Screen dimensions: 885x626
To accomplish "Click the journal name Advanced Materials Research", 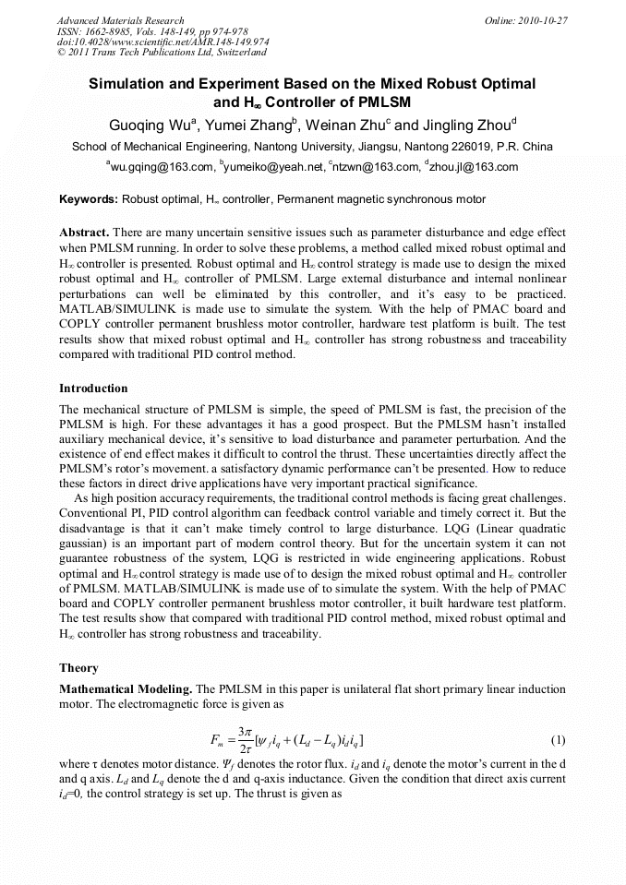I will [x=120, y=20].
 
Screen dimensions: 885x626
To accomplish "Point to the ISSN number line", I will [x=146, y=31].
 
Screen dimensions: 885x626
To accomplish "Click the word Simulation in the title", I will [x=130, y=83].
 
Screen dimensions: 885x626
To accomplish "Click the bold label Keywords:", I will [x=89, y=199].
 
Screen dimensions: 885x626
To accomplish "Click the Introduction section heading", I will [x=93, y=388].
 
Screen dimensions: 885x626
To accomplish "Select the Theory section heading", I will [x=78, y=667].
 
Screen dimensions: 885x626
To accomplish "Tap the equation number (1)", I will [x=558, y=740].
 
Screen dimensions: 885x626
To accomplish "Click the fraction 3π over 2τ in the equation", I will [x=245, y=740].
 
